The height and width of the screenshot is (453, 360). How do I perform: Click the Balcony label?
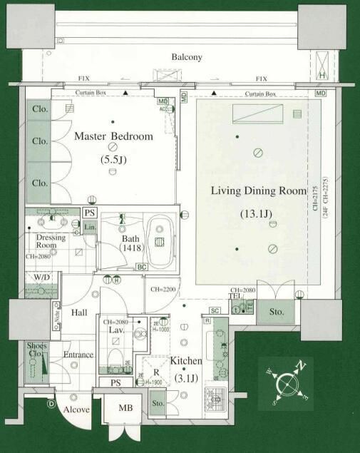(187, 57)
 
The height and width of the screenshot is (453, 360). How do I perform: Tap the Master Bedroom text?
(114, 136)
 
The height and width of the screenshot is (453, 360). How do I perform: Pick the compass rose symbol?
(287, 383)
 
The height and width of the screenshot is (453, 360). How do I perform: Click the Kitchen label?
(185, 362)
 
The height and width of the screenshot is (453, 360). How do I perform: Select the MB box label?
(125, 408)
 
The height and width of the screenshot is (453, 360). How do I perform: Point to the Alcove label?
(76, 411)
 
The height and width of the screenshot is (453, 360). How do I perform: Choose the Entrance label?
(78, 355)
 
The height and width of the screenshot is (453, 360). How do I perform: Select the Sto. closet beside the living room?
(276, 311)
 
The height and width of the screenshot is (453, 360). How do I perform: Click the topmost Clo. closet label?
(39, 110)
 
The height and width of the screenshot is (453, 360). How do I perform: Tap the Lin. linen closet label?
(90, 227)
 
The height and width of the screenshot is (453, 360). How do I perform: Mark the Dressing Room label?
(51, 241)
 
